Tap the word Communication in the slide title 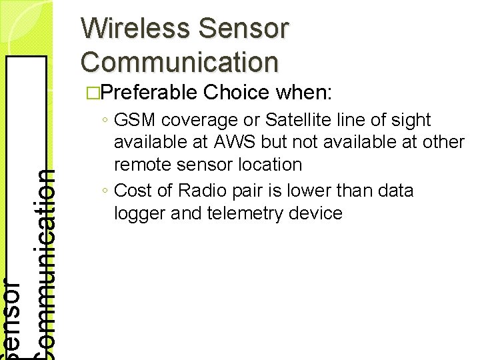tap(179, 61)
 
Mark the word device tap(317, 213)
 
